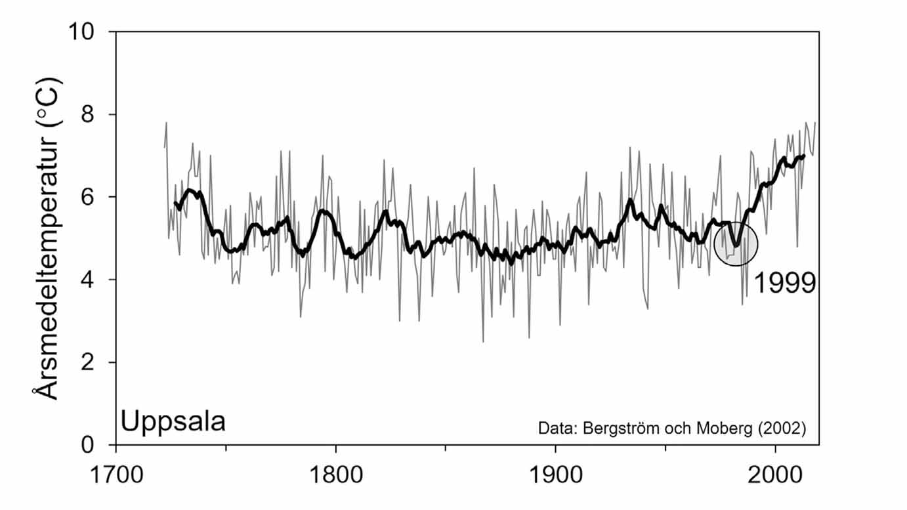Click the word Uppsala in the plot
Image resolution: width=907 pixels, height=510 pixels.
[173, 421]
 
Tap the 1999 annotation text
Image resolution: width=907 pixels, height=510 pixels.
[784, 284]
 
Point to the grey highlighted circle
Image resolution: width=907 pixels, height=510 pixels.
[736, 244]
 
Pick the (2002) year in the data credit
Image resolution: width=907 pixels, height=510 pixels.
[782, 429]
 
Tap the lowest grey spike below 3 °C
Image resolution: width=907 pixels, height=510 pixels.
[483, 341]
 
